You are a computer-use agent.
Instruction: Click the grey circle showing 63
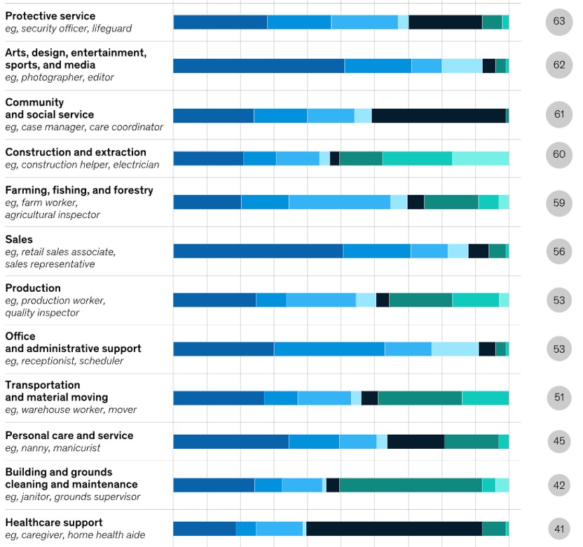tap(558, 22)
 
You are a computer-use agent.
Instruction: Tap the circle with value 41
tap(558, 529)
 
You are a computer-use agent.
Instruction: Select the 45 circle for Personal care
tap(558, 442)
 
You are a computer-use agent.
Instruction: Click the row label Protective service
tap(50, 16)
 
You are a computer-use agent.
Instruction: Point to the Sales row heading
tap(19, 239)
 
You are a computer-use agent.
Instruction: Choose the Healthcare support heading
tap(54, 522)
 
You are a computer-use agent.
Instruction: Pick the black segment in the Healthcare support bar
tap(394, 529)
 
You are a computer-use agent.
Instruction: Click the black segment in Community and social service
tap(439, 116)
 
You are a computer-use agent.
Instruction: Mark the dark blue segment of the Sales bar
tap(258, 251)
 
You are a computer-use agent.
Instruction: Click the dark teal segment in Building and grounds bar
tap(411, 485)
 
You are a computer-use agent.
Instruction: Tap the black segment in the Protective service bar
tap(445, 22)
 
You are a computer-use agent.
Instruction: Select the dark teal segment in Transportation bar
tap(420, 398)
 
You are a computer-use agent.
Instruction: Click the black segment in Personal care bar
tap(416, 442)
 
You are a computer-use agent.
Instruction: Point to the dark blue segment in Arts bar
tap(259, 66)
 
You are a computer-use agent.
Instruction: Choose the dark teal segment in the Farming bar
tap(451, 202)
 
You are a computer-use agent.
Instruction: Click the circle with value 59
tap(558, 203)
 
